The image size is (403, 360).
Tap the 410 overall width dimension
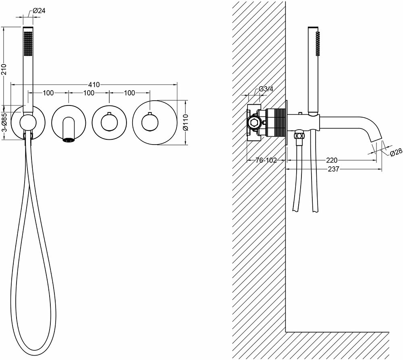click(x=94, y=85)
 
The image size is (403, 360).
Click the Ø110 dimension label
click(x=186, y=122)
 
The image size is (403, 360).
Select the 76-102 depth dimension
click(x=266, y=160)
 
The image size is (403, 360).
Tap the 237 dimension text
click(x=333, y=169)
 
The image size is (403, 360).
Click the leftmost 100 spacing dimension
click(x=48, y=93)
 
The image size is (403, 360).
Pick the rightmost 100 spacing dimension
click(x=129, y=93)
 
